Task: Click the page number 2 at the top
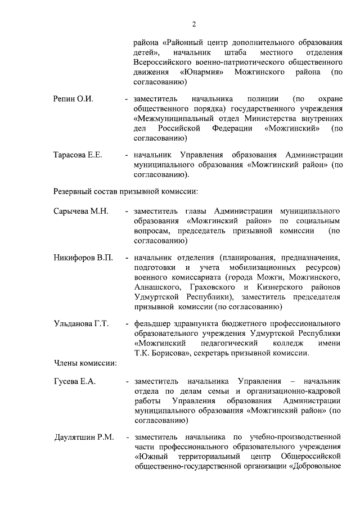[x=194, y=24]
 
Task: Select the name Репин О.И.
[x=73, y=98]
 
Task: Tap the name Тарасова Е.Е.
[x=78, y=155]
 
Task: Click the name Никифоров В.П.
[x=83, y=258]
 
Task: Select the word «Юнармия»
[x=203, y=73]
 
